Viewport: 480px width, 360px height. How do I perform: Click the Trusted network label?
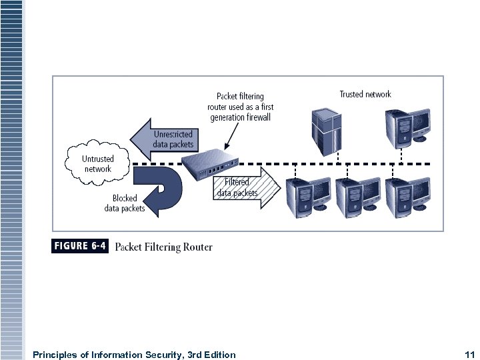point(365,95)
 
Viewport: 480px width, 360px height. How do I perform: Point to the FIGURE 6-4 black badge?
point(80,246)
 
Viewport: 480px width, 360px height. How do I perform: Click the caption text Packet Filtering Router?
point(164,247)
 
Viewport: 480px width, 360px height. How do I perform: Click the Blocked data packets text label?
point(125,203)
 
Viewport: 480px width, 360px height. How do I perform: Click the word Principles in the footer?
point(54,355)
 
